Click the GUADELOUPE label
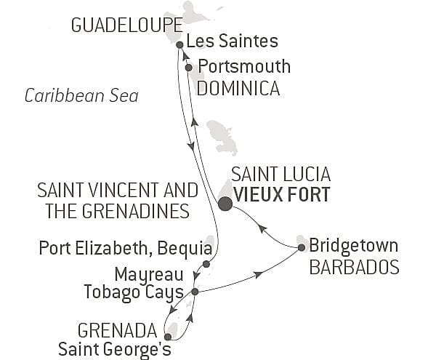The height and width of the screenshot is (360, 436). point(116,25)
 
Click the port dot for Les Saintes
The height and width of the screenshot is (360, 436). point(179,44)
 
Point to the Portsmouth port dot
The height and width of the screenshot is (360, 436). point(189,68)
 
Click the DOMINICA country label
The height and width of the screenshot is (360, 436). point(239,89)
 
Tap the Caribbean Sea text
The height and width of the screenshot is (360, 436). point(81,96)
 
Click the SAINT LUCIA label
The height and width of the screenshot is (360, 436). point(280,175)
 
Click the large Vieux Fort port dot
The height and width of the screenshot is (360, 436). point(226,203)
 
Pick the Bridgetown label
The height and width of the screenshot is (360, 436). point(354,245)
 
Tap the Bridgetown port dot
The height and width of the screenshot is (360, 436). point(302,248)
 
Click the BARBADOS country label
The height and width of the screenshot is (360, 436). point(354,267)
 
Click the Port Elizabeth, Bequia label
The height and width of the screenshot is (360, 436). point(120,250)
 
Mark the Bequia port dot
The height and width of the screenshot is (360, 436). point(206,264)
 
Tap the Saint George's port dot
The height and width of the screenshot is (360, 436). point(168,337)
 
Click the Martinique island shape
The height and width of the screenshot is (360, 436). point(222,137)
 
